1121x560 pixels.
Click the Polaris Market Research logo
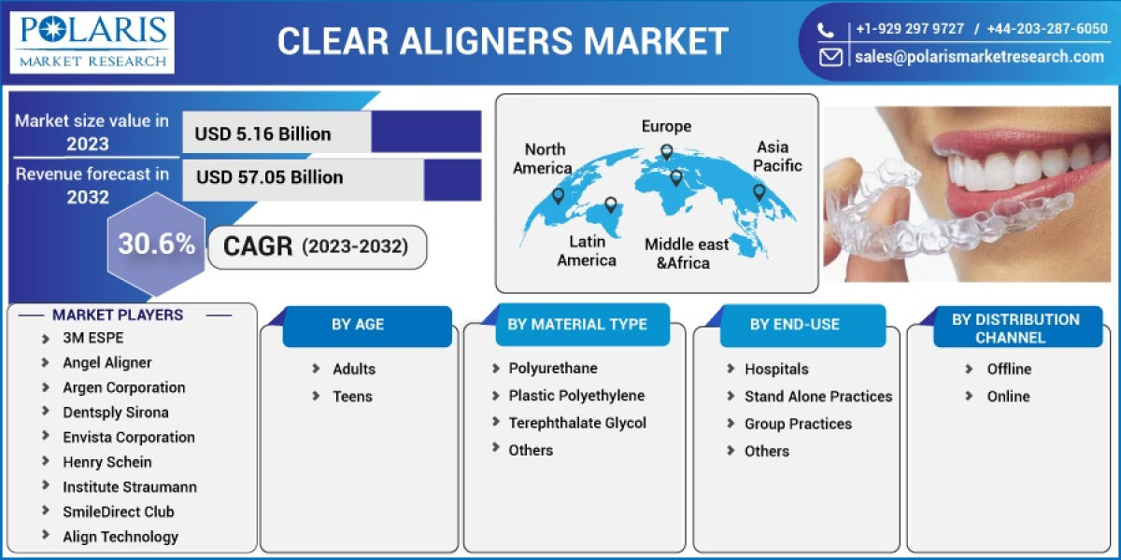(x=92, y=42)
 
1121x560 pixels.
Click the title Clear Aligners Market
(x=503, y=41)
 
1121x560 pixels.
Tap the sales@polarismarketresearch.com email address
(x=978, y=57)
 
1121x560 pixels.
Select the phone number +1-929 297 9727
(x=910, y=29)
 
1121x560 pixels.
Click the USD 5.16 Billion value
(x=263, y=133)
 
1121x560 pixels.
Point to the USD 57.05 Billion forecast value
(x=269, y=177)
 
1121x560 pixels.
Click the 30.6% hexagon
(x=156, y=245)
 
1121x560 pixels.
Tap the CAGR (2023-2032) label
(x=316, y=246)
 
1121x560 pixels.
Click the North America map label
(x=544, y=159)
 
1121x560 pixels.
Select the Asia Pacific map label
(x=776, y=156)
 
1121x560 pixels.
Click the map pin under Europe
(x=666, y=152)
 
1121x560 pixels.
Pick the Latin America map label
(x=587, y=250)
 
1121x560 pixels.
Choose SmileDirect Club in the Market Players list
(x=118, y=511)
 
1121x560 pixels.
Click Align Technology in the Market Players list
(x=120, y=537)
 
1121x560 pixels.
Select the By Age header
(x=358, y=325)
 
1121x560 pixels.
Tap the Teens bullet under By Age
(x=352, y=397)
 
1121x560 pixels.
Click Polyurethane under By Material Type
(x=552, y=369)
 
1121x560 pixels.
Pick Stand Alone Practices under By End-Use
(x=817, y=397)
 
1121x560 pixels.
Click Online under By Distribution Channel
(x=1008, y=397)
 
